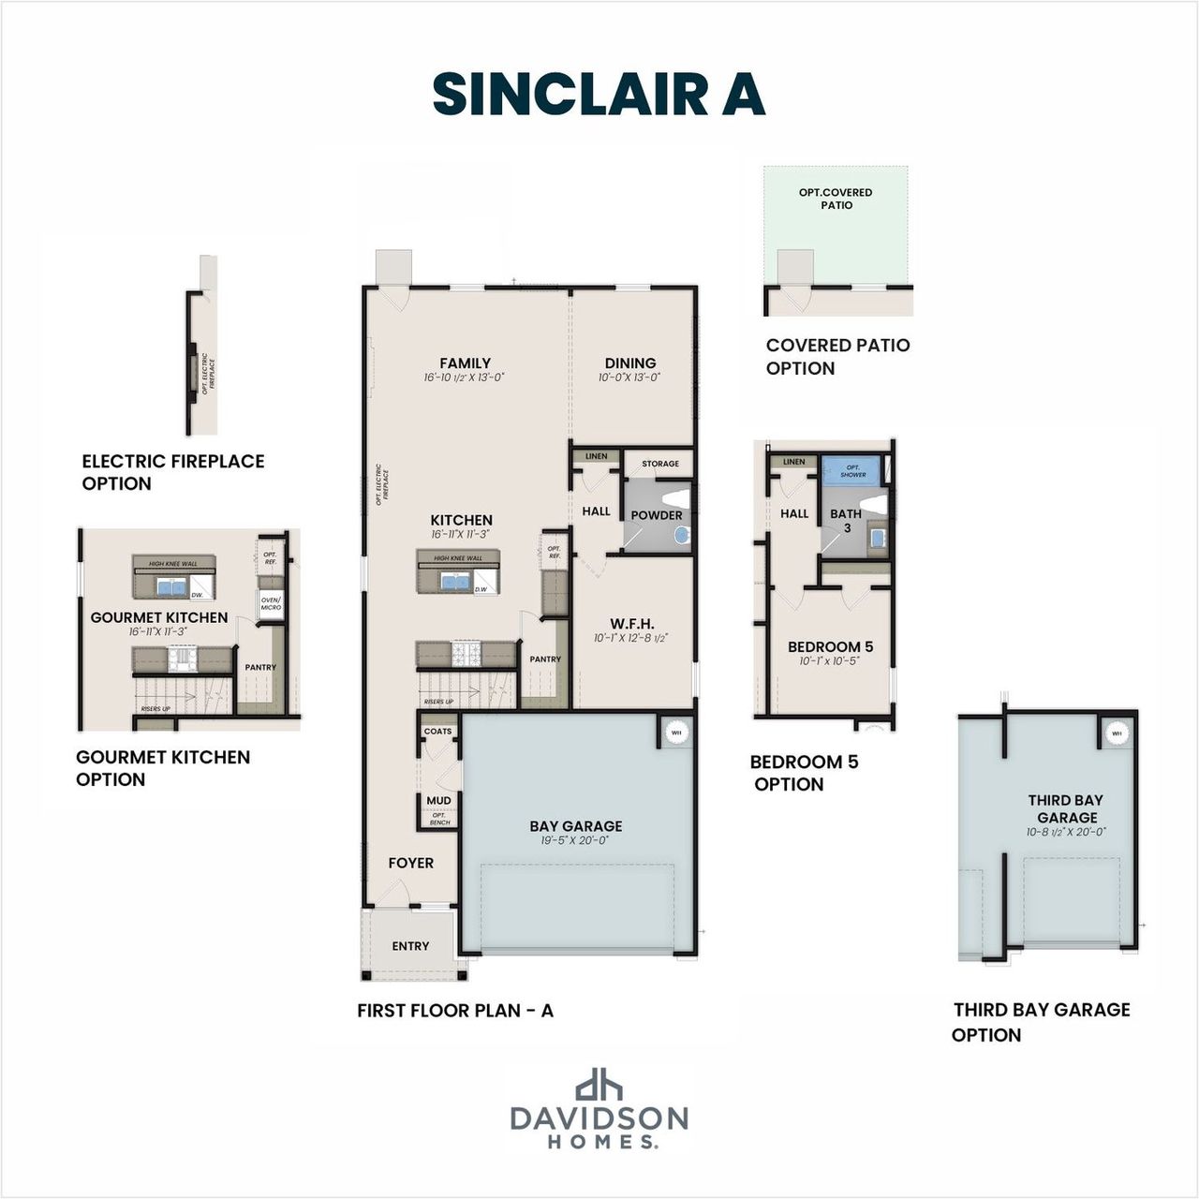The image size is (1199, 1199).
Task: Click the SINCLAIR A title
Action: click(599, 95)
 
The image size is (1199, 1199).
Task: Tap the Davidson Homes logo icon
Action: click(599, 1084)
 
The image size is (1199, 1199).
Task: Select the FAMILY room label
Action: click(465, 363)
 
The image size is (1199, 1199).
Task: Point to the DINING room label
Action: click(629, 363)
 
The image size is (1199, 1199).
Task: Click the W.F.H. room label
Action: click(631, 624)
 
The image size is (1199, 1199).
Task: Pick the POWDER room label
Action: click(656, 515)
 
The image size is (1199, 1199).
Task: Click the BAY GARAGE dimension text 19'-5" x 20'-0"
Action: click(575, 841)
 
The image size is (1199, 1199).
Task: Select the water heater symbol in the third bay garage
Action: click(1116, 733)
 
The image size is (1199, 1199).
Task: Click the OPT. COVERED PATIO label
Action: click(836, 199)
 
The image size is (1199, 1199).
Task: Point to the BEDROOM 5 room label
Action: click(830, 646)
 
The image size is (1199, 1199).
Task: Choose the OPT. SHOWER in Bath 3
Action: click(852, 470)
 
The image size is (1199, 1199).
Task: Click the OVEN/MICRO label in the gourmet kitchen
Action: click(271, 602)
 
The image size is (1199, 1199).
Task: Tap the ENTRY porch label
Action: click(410, 946)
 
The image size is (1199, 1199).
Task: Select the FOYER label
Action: click(411, 863)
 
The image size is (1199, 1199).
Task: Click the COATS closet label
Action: click(437, 732)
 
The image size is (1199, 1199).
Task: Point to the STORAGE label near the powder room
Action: click(660, 464)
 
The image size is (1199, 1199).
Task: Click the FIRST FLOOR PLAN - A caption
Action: click(455, 1011)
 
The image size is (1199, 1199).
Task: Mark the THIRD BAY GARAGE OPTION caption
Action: click(1041, 1022)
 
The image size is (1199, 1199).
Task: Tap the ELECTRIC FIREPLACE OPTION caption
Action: click(172, 472)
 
